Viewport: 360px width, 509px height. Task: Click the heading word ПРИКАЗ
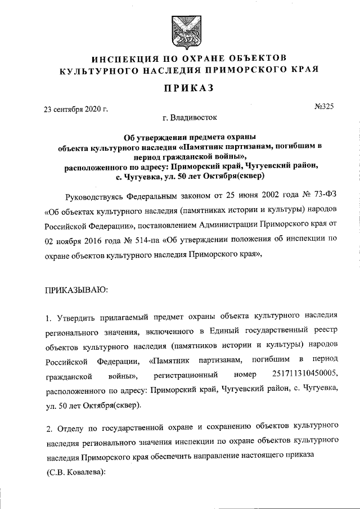point(180,89)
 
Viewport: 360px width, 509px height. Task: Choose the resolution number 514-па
point(141,255)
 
